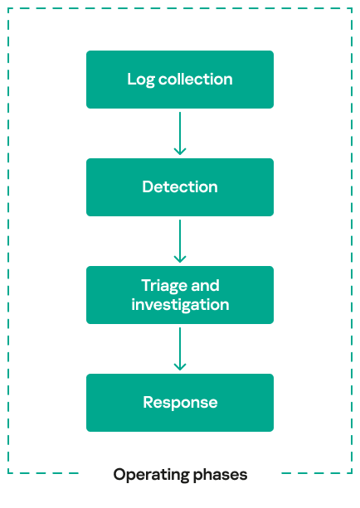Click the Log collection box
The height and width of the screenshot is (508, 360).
(x=180, y=80)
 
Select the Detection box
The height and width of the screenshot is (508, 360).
(x=180, y=187)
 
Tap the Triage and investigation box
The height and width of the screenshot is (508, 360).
(x=180, y=295)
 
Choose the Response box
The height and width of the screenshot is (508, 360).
(x=180, y=403)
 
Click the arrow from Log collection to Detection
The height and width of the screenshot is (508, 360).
(x=180, y=133)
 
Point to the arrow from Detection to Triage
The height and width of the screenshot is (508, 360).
(x=180, y=241)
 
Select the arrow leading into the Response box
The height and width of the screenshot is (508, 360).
(x=180, y=349)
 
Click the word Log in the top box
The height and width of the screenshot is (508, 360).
(x=141, y=80)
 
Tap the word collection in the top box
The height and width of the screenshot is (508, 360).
(x=196, y=79)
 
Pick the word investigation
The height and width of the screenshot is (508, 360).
(x=180, y=305)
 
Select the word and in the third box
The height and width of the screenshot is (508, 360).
(x=205, y=285)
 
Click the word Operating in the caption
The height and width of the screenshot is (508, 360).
(x=151, y=476)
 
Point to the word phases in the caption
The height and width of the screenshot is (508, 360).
(x=220, y=476)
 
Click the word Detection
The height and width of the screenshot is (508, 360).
(x=180, y=187)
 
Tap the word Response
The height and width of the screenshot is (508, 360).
(x=180, y=403)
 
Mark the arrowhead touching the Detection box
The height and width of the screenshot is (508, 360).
(x=180, y=152)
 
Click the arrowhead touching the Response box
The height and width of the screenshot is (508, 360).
(x=180, y=367)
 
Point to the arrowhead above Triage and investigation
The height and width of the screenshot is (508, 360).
(x=180, y=259)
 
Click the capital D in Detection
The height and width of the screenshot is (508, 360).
(x=148, y=187)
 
